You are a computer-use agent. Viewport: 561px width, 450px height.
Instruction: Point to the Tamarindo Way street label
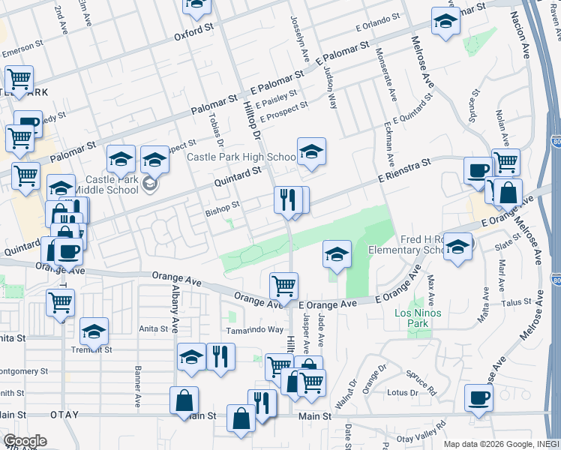point(255,329)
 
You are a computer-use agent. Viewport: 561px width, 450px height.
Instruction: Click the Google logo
point(25,441)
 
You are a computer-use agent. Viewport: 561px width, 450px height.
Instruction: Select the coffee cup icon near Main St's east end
point(478,398)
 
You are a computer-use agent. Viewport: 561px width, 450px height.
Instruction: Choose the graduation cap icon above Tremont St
point(94,331)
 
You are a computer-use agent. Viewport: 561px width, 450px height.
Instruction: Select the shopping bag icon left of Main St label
point(184,401)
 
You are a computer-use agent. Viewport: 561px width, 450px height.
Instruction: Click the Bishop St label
point(222,204)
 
